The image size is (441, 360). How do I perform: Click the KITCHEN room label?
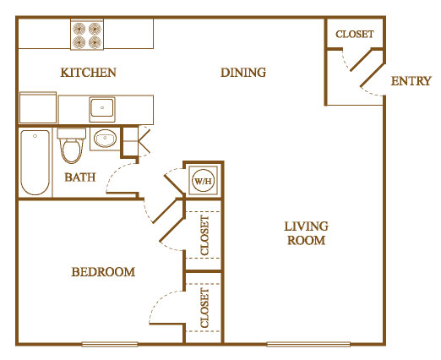click(88, 73)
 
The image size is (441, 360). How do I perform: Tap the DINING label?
click(243, 73)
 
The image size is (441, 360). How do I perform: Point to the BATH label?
click(80, 177)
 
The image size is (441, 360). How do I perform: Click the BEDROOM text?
click(103, 272)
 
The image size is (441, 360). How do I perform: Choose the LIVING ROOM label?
click(305, 233)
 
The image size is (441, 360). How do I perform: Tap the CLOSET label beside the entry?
click(355, 35)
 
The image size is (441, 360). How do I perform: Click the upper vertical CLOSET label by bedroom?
click(205, 234)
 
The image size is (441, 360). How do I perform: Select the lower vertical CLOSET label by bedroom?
click(205, 308)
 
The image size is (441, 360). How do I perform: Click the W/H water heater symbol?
click(203, 180)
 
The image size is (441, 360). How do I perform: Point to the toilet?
click(72, 148)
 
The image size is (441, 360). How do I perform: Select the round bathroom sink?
click(106, 139)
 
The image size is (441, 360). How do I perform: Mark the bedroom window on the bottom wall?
click(110, 344)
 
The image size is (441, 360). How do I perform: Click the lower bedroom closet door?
click(167, 306)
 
